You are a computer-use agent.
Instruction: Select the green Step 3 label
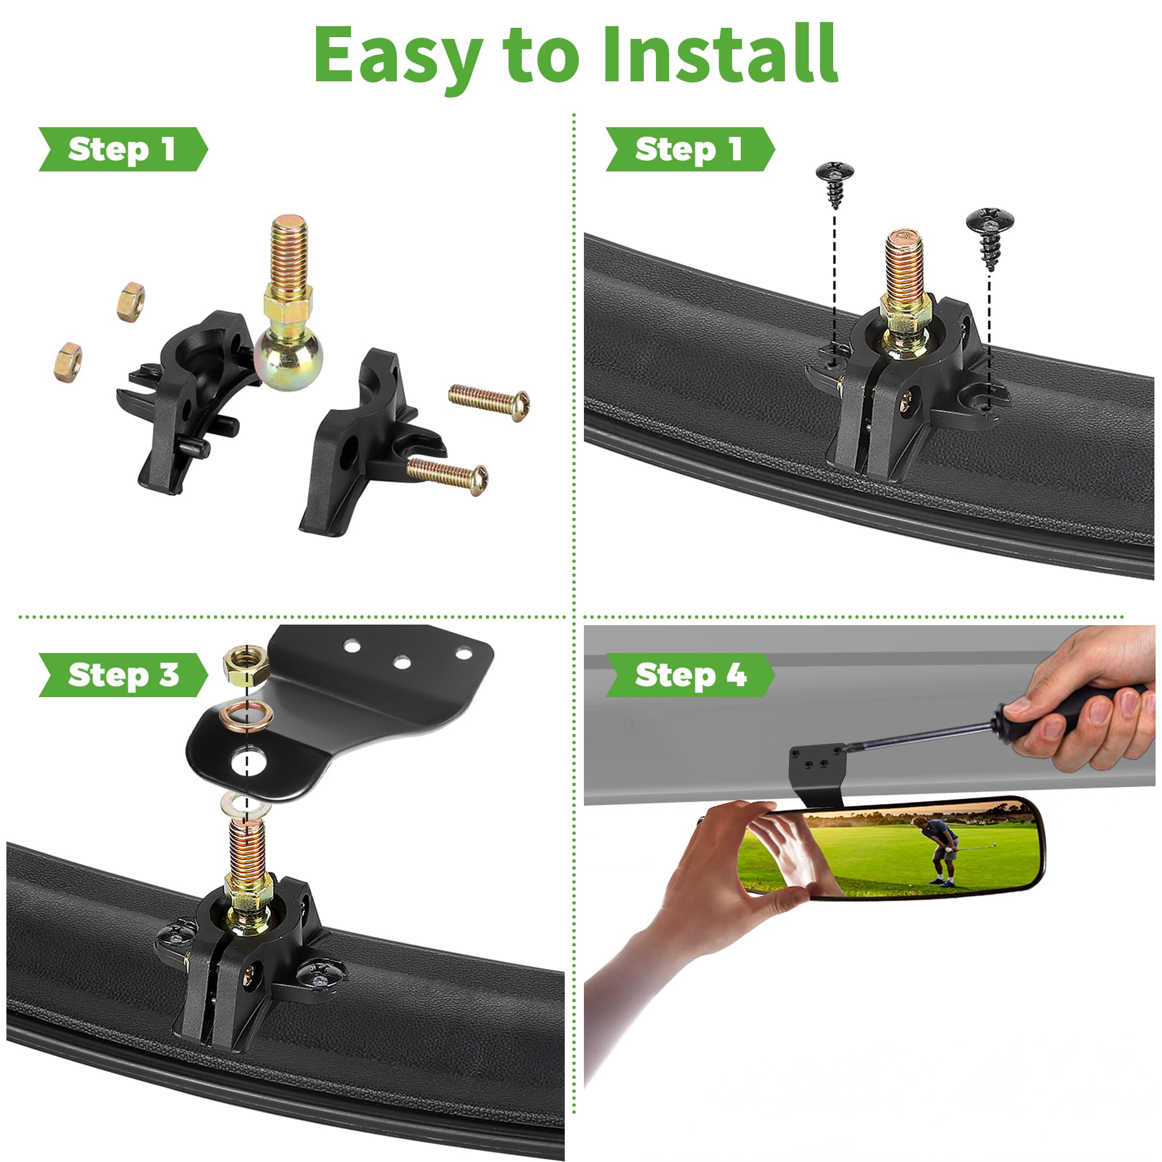123,675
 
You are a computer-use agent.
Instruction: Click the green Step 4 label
690,675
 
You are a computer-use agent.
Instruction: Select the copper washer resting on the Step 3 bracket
246,715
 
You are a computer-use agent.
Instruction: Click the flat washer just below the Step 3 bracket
244,804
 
